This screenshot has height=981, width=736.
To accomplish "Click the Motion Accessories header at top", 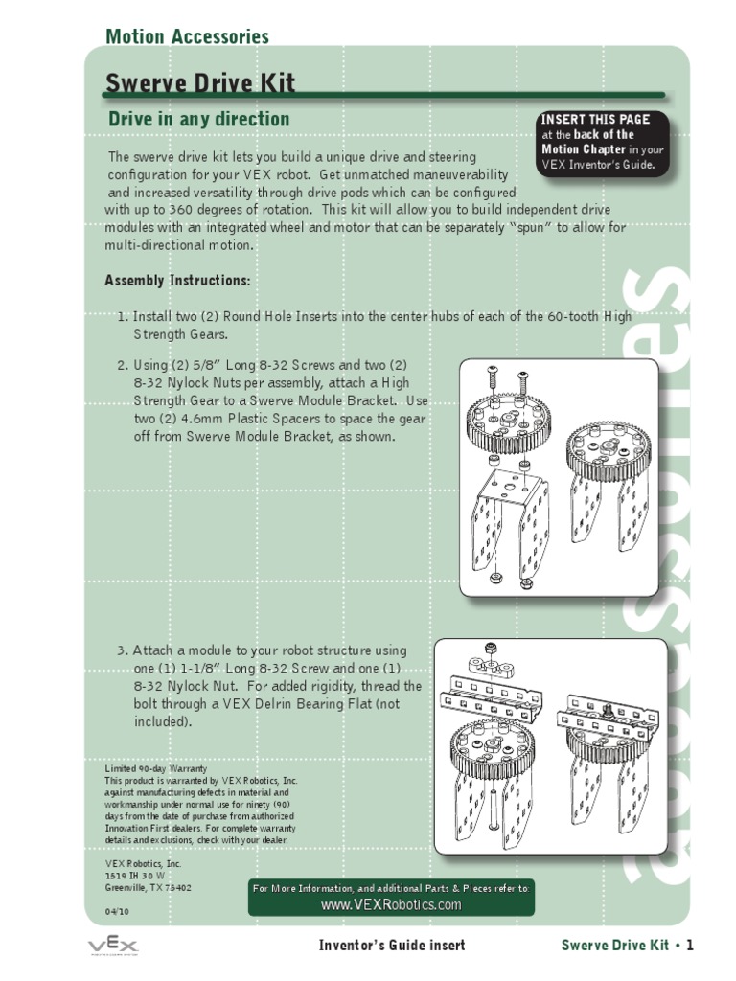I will (x=187, y=37).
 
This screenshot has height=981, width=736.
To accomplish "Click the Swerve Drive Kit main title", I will (x=199, y=82).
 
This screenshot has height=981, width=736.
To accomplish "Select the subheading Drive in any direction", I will (x=198, y=120).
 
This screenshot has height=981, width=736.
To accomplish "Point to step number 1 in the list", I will (x=123, y=317).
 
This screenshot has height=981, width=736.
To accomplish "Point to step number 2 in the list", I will (x=123, y=366).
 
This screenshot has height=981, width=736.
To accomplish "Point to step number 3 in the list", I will (x=123, y=650).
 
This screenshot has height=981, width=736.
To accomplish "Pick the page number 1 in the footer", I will (x=688, y=946).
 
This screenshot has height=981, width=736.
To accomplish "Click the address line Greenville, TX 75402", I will (x=148, y=887).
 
